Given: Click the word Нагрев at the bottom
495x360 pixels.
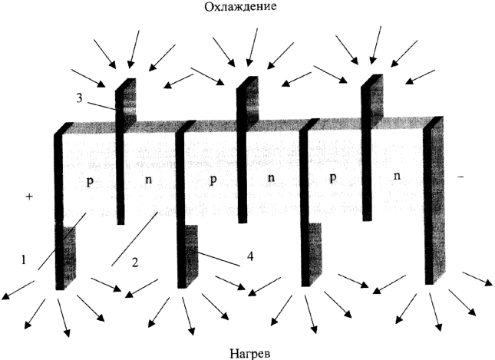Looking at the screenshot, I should pyautogui.click(x=249, y=353).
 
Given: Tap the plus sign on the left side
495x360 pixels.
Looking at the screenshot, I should pyautogui.click(x=29, y=197).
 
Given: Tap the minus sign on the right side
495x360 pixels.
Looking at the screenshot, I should pyautogui.click(x=460, y=177).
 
